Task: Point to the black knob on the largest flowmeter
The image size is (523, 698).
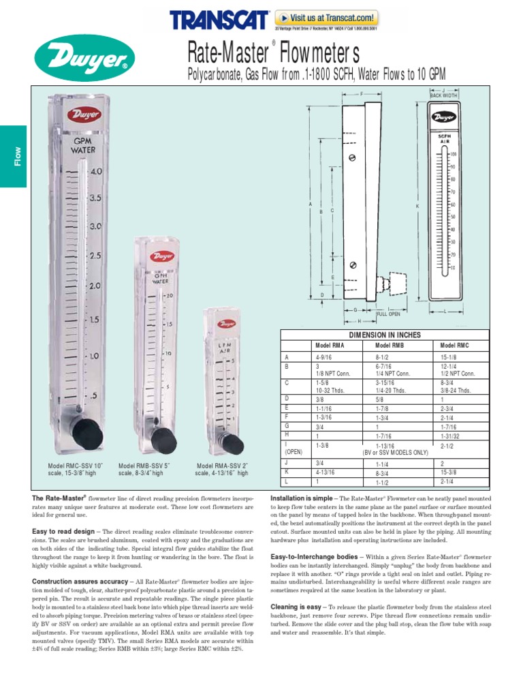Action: (x=89, y=431)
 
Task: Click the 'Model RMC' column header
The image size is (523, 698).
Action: (x=454, y=346)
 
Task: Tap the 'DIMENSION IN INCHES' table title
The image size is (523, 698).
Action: (x=385, y=335)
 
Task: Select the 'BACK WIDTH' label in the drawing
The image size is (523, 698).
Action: (x=443, y=95)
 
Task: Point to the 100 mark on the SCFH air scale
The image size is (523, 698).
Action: (x=453, y=154)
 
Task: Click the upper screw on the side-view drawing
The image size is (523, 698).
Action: (x=352, y=158)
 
